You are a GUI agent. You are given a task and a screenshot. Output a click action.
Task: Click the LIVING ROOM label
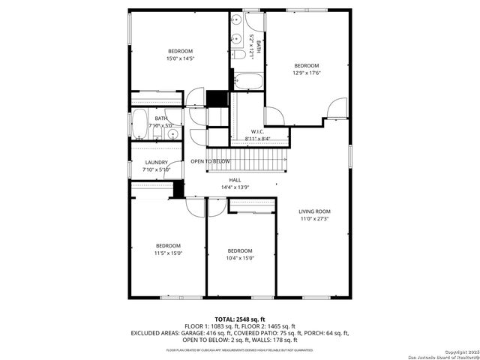click(314, 211)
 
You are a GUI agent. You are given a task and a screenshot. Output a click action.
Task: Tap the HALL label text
click(235, 180)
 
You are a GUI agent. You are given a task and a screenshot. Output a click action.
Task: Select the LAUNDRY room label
click(156, 162)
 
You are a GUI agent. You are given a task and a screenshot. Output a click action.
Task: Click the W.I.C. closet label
click(256, 132)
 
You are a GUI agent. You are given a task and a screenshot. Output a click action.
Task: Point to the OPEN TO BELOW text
click(210, 161)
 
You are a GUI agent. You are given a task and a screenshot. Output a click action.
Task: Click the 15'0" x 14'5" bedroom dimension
click(180, 58)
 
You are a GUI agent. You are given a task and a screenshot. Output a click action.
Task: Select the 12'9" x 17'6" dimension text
click(306, 73)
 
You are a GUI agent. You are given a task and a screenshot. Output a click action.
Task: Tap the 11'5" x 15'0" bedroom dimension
click(168, 253)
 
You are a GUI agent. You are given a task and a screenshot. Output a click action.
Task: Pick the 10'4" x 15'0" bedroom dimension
click(240, 258)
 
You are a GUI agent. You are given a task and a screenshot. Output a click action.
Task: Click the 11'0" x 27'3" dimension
click(314, 219)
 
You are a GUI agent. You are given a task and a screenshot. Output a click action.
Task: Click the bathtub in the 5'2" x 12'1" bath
click(246, 80)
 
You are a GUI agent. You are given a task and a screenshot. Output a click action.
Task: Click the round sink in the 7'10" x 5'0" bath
click(172, 134)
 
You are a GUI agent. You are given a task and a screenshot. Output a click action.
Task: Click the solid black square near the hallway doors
click(216, 99)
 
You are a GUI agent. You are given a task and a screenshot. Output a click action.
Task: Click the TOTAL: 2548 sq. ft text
click(240, 319)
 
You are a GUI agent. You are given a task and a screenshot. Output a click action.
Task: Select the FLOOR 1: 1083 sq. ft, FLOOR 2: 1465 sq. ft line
click(240, 326)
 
